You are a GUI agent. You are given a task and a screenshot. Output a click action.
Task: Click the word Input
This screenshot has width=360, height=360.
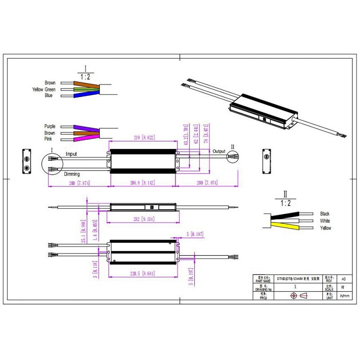pos(72,154)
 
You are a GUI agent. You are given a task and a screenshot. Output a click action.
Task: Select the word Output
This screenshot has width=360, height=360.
pos(219,151)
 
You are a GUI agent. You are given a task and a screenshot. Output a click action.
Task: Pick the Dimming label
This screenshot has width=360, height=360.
pos(72,174)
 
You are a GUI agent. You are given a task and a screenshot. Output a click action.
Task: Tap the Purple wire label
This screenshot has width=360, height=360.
pos(49,126)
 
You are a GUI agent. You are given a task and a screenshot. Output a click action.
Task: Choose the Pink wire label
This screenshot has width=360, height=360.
pos(49,139)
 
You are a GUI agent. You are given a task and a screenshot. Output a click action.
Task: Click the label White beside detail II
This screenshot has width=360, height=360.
pos(325,221)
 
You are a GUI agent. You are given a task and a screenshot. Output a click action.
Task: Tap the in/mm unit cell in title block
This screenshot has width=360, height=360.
pos(344,296)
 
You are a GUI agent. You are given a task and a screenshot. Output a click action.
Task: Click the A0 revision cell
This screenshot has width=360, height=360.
pos(344,279)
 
